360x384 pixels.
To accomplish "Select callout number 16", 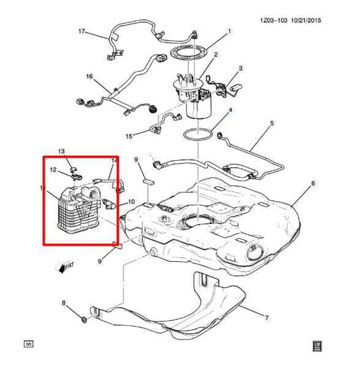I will tap(88, 78).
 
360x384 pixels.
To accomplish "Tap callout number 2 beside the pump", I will tap(215, 55).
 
